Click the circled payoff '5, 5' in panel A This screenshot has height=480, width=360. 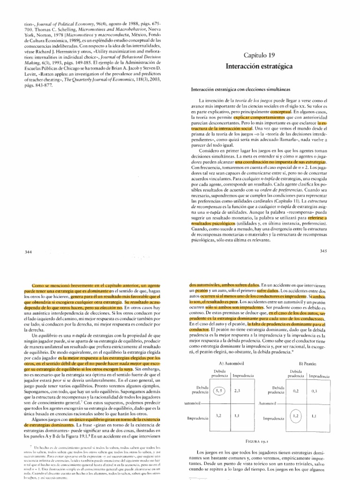(x=219, y=377)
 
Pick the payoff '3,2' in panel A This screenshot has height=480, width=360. (x=218, y=415)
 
